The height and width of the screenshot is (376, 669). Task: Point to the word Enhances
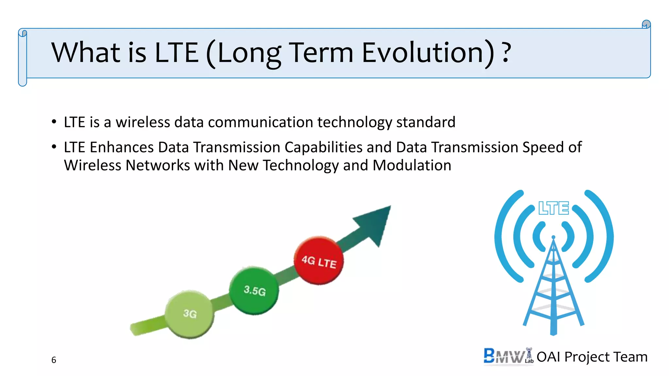click(x=122, y=148)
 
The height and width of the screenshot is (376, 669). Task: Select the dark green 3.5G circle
click(x=254, y=290)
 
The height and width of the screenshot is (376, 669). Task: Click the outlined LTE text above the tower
click(x=553, y=208)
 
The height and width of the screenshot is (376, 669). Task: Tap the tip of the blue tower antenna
click(x=553, y=237)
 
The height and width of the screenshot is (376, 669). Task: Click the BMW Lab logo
click(x=508, y=356)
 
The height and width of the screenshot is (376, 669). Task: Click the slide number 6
click(x=54, y=360)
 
